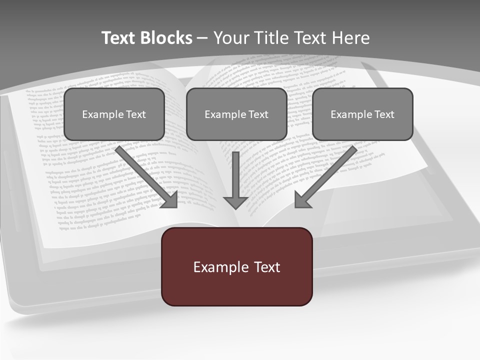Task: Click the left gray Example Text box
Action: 114,114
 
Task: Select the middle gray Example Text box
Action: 236,114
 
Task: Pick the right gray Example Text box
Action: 362,114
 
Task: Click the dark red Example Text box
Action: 236,266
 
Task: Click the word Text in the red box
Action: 266,267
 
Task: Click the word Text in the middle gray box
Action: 258,114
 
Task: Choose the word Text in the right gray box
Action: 384,114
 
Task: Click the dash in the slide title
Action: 202,38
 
